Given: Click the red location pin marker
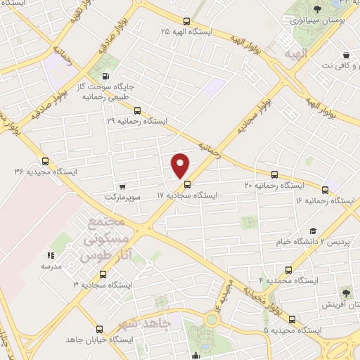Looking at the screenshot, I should [181, 165].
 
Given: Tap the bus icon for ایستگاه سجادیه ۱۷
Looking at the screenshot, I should [186, 185].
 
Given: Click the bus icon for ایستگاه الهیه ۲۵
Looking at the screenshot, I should [186, 21].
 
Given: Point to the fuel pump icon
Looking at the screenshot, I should [105, 77].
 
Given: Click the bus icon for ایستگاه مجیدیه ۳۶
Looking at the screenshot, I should [46, 160].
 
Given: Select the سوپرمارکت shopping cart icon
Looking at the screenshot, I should [123, 188].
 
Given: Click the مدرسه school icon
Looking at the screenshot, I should [51, 256].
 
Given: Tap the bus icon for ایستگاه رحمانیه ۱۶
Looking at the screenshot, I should [324, 190].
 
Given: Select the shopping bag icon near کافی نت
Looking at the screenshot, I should [346, 55].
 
